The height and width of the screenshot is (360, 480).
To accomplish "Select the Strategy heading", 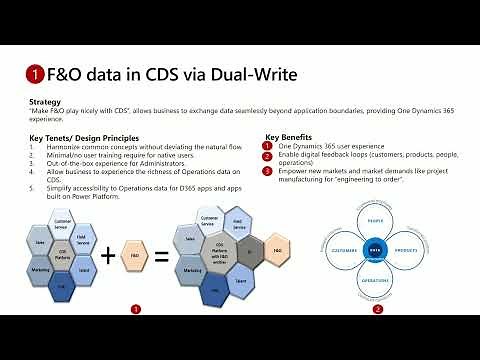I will (47, 101).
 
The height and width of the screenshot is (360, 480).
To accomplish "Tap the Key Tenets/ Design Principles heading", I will (85, 137).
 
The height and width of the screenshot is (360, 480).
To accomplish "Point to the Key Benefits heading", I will (289, 136).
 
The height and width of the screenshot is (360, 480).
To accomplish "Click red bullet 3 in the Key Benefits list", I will (268, 170).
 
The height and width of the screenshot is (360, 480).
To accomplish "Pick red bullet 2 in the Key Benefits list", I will (268, 155).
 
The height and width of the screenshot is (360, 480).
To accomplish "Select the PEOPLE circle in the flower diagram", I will (376, 223).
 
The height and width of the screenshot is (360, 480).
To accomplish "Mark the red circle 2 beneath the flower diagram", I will (377, 310).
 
